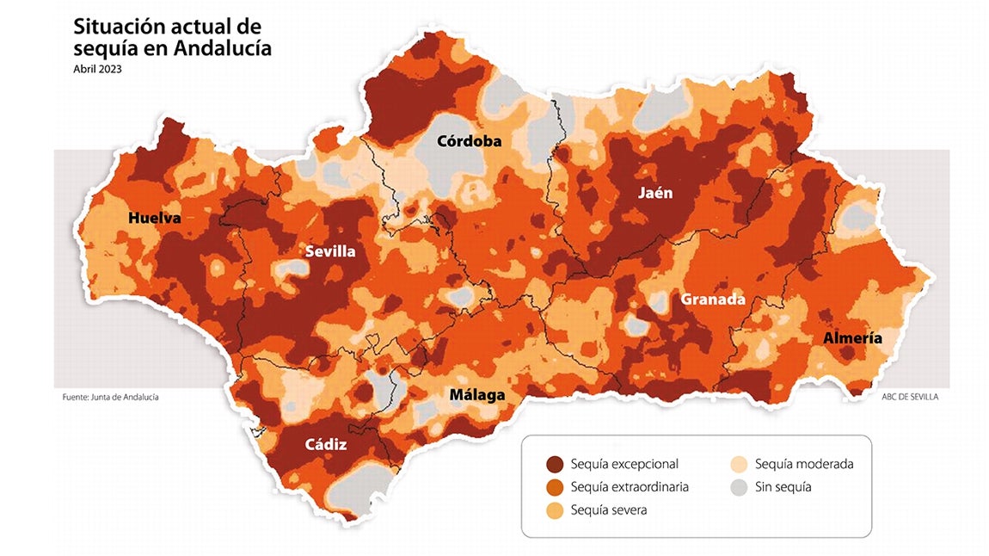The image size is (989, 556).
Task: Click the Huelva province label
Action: pyautogui.click(x=155, y=219)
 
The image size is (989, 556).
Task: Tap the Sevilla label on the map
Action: pyautogui.click(x=331, y=252)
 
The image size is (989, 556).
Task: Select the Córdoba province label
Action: pyautogui.click(x=469, y=141)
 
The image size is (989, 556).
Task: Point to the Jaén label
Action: pyautogui.click(x=655, y=193)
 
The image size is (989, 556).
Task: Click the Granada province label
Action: pyautogui.click(x=713, y=300)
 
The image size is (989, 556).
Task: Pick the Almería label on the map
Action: pyautogui.click(x=852, y=338)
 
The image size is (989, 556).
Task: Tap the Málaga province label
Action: pyautogui.click(x=477, y=395)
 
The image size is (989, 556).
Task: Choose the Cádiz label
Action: pyautogui.click(x=326, y=445)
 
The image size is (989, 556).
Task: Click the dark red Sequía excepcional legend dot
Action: pyautogui.click(x=555, y=464)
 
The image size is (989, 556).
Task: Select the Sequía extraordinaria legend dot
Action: pyautogui.click(x=555, y=487)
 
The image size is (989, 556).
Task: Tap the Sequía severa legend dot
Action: pyautogui.click(x=555, y=510)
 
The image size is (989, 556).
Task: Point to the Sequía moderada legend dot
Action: pyautogui.click(x=739, y=464)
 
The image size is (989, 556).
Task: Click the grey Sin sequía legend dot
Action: pyautogui.click(x=739, y=487)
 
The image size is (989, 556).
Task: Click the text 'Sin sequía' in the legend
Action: pyautogui.click(x=783, y=487)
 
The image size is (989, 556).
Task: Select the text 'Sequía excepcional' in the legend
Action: pyautogui.click(x=624, y=464)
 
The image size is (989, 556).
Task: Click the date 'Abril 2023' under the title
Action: pyautogui.click(x=97, y=70)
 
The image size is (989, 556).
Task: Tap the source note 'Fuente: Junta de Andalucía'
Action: pyautogui.click(x=110, y=397)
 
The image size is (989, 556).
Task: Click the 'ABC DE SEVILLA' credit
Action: pyautogui.click(x=910, y=397)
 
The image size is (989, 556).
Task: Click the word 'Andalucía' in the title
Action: pyautogui.click(x=222, y=48)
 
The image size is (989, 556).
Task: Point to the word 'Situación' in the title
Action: pyautogui.click(x=112, y=26)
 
